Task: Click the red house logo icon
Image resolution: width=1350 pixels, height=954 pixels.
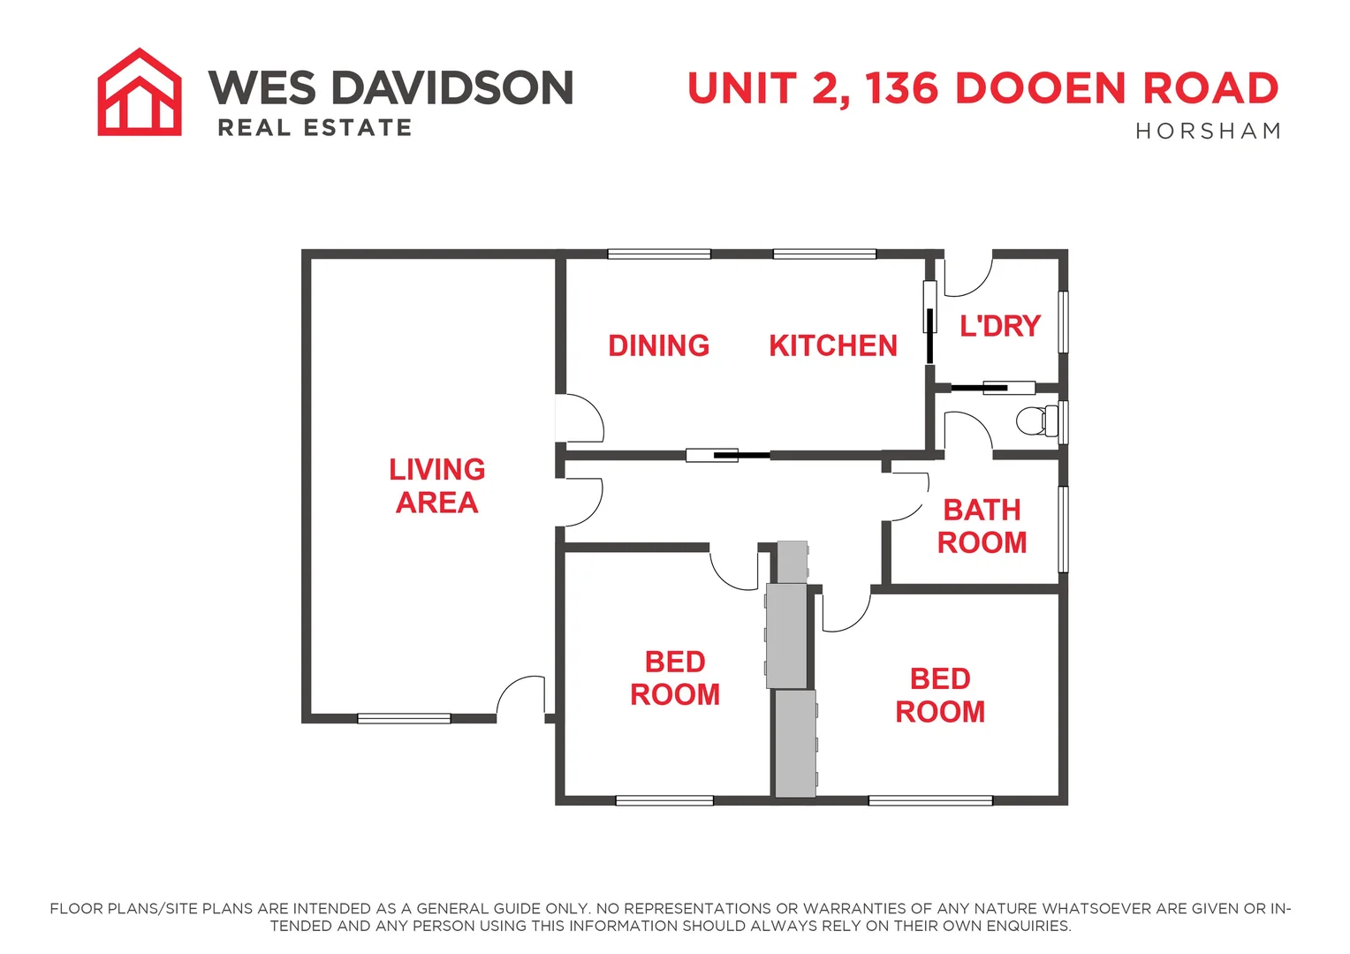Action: coord(140,92)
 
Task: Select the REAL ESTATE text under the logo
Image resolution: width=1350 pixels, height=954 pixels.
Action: coord(315,128)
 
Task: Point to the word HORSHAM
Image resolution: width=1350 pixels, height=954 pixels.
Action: coord(1208,132)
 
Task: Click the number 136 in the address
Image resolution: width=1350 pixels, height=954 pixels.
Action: coord(900,88)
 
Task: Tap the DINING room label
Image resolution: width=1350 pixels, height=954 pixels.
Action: coord(658,345)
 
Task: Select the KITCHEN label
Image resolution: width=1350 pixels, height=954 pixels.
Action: coord(832,345)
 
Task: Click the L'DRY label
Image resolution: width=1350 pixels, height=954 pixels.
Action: coord(1000,326)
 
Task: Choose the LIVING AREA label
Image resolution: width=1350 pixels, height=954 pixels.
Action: coord(437,486)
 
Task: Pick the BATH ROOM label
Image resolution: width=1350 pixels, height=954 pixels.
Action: coord(982,526)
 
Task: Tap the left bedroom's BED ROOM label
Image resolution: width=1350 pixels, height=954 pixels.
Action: coord(675,678)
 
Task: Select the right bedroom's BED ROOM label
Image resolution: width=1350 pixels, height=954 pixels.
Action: coord(940,695)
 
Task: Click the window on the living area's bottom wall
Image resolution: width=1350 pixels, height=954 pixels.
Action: coord(404,718)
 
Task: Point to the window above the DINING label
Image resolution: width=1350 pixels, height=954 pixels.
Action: coord(659,254)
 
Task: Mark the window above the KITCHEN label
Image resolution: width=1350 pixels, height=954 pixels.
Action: coord(824,254)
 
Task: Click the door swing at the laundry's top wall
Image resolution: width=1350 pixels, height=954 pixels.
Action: coord(969,276)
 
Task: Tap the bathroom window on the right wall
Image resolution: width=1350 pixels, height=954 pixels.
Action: coord(1064,529)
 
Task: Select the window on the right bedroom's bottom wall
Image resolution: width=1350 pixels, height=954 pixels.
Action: coord(930,801)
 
